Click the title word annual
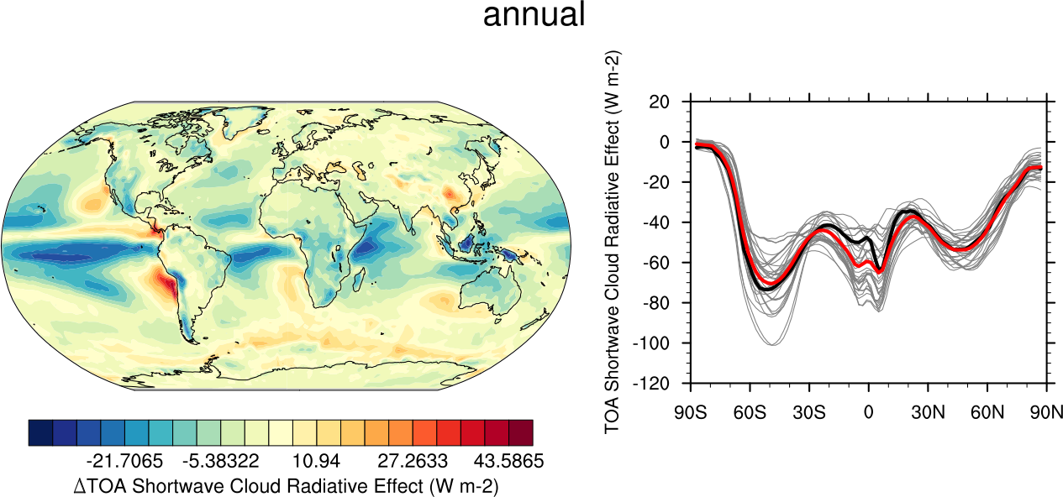pos(534,15)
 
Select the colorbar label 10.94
pos(313,463)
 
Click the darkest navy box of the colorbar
pos(40,432)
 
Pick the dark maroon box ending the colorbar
pos(520,432)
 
